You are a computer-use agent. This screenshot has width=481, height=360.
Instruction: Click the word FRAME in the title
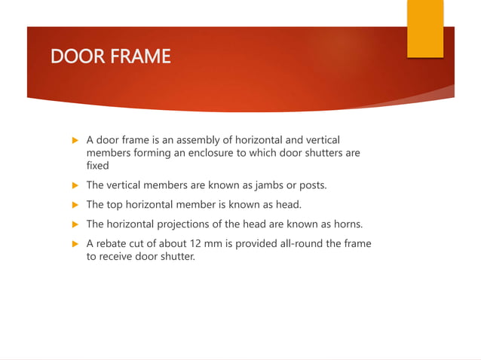[142, 56]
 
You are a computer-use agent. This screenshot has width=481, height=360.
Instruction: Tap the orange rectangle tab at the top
[425, 29]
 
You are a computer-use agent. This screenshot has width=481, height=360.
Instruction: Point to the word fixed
[97, 166]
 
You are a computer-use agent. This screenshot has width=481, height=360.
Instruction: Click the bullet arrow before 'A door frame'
[74, 140]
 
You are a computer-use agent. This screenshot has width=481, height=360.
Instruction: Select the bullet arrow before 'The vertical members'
[74, 185]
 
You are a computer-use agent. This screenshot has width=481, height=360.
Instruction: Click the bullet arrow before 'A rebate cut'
[74, 243]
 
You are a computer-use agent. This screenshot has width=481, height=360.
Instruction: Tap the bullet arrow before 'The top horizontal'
[74, 204]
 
